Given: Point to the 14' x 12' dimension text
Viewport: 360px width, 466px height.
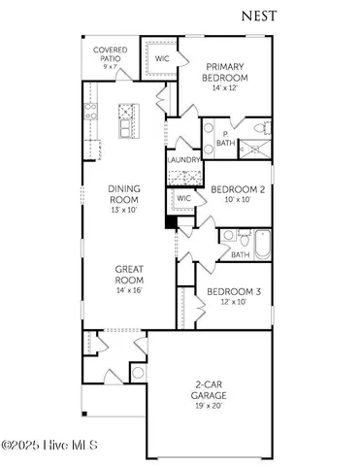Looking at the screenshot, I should [x=224, y=88].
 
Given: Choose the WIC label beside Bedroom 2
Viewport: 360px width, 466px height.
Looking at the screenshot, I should [x=183, y=199].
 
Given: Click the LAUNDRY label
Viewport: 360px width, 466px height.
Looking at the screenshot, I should [x=184, y=160].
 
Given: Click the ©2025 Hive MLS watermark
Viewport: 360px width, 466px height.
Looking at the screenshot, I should [x=55, y=447].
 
